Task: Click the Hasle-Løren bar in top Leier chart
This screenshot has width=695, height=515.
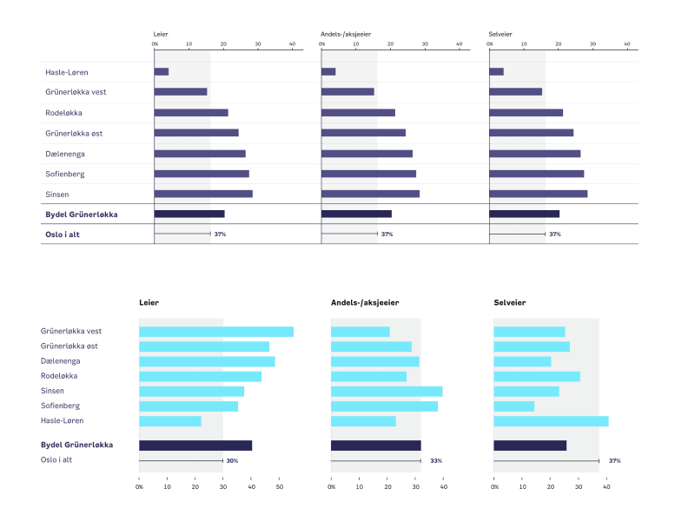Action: tap(162, 71)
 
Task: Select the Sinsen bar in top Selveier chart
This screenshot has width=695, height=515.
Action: tap(538, 194)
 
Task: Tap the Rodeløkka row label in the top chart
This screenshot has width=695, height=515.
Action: tap(63, 113)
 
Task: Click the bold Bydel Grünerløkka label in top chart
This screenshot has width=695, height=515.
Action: tap(82, 214)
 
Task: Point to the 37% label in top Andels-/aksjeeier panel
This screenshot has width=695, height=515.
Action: tap(387, 234)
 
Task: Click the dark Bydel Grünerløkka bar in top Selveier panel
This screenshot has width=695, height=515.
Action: tap(524, 214)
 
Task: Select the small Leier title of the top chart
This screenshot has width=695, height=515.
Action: tap(160, 35)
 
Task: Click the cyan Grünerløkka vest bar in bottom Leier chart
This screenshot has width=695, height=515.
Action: tap(216, 332)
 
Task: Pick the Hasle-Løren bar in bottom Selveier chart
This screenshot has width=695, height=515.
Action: tap(551, 421)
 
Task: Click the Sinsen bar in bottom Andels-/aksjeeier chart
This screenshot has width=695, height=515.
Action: tap(387, 392)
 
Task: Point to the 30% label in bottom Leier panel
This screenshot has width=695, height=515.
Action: tap(232, 461)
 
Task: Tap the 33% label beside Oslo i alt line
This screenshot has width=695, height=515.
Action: tap(436, 461)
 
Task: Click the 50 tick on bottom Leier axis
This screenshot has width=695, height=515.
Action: tap(280, 487)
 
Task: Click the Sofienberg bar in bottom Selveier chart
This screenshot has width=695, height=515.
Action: tap(513, 406)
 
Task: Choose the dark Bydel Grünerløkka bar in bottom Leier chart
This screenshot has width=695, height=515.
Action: tap(195, 446)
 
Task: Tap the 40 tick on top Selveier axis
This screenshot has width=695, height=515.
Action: tap(627, 43)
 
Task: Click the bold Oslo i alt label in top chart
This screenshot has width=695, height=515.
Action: tap(63, 234)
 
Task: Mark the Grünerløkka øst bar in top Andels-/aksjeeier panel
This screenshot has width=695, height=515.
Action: tap(363, 133)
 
